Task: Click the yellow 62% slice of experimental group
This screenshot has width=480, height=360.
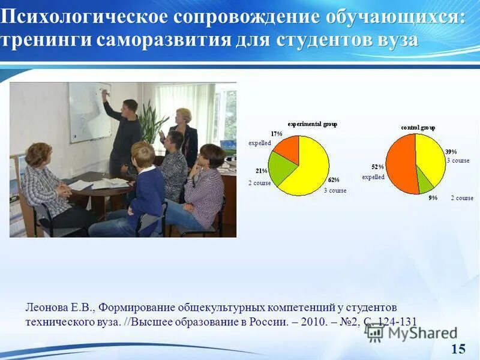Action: pyautogui.click(x=309, y=165)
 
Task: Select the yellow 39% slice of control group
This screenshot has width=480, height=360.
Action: pyautogui.click(x=431, y=156)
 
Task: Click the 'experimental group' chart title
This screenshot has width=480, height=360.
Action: pyautogui.click(x=312, y=124)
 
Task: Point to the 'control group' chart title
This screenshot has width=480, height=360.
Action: pyautogui.click(x=418, y=127)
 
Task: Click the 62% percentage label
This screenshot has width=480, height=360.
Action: pyautogui.click(x=333, y=179)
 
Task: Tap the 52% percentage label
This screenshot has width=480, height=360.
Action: pyautogui.click(x=377, y=166)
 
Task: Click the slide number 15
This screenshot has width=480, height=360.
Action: pyautogui.click(x=458, y=349)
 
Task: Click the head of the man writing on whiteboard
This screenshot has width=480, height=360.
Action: pyautogui.click(x=130, y=106)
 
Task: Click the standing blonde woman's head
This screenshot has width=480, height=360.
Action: pyautogui.click(x=184, y=116)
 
